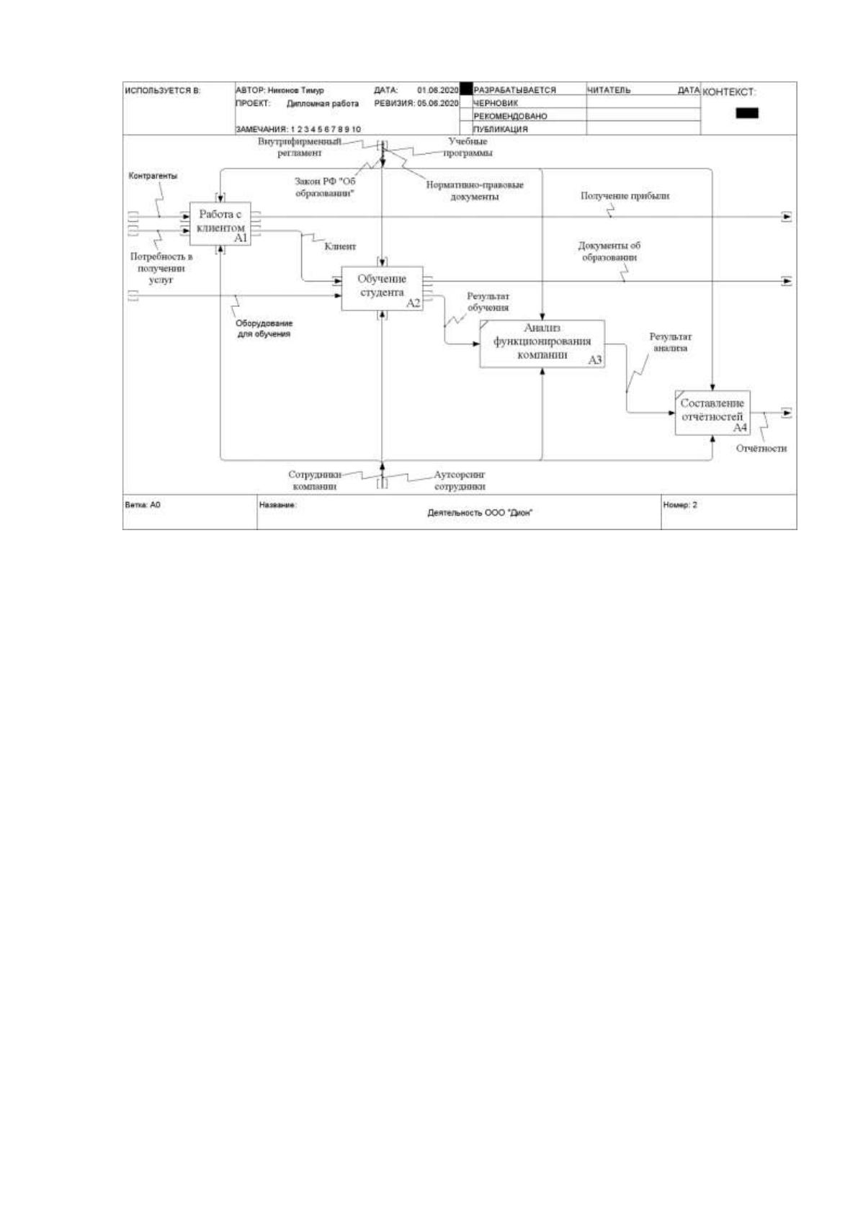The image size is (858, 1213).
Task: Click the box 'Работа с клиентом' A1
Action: pos(220,223)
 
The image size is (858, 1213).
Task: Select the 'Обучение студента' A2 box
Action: pos(382,288)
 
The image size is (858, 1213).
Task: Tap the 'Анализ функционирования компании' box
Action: pos(542,344)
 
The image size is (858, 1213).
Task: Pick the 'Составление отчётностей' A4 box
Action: pos(712,413)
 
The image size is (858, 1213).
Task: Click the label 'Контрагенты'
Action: pos(153,176)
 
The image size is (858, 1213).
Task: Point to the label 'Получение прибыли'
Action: pos(625,195)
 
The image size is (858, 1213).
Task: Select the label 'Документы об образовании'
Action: pos(609,251)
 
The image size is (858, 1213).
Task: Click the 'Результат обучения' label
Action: pos(488,302)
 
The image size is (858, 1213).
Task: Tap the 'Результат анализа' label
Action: pos(670,342)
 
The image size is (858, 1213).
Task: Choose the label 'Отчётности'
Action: pos(761,448)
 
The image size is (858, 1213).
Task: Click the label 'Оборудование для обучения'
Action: pos(264,328)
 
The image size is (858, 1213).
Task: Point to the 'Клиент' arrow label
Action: pos(340,246)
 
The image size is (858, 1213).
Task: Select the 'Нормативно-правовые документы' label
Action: pos(475,191)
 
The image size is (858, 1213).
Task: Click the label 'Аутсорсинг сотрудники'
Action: pos(460,480)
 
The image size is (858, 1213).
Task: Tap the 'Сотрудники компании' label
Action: pos(315,480)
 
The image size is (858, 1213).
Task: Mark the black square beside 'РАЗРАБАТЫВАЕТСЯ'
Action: pos(466,89)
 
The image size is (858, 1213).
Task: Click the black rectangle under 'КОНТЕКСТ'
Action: pos(747,112)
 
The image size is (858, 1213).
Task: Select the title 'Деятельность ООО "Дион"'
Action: pos(480,512)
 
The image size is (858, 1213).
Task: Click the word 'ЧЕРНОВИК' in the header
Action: pos(495,103)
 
